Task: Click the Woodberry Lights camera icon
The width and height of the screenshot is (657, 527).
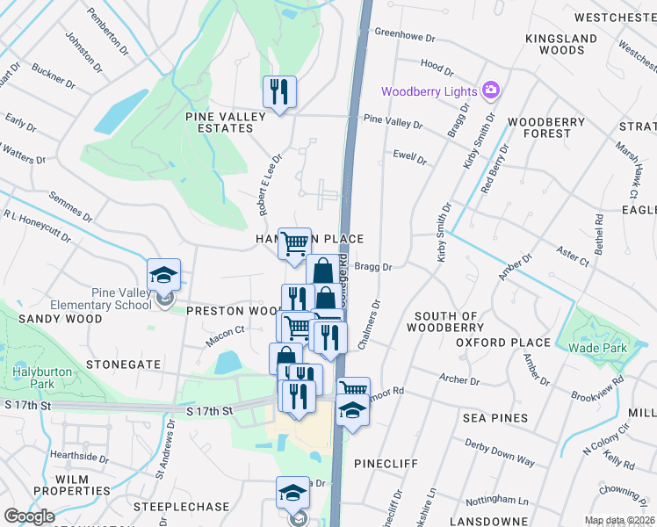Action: (x=490, y=90)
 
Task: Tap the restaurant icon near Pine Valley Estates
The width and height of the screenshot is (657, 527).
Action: (x=279, y=91)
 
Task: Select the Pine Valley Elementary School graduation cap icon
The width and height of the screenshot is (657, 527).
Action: (x=163, y=275)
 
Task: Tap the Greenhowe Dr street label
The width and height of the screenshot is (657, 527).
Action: (x=405, y=38)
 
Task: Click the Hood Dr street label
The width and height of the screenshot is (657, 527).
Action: (x=437, y=66)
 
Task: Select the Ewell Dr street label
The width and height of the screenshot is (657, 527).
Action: (x=409, y=160)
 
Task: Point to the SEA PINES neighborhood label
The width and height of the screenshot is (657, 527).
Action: (x=496, y=418)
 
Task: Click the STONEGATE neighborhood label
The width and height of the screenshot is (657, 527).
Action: (x=124, y=364)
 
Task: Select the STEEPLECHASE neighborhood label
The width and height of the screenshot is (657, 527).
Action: (x=169, y=508)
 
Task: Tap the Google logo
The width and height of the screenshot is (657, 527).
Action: (x=29, y=516)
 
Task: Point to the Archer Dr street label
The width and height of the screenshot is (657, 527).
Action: (x=459, y=381)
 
